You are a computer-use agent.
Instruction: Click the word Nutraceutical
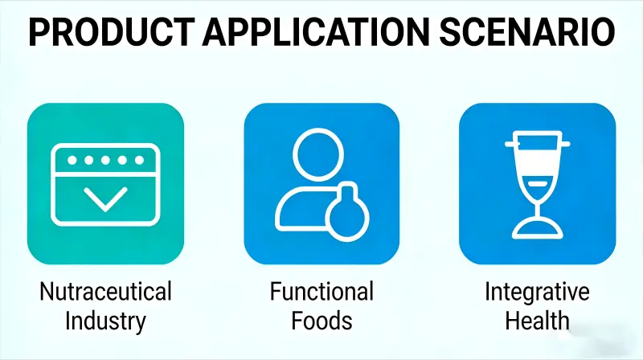pos(105,291)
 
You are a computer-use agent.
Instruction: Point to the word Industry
pos(105,320)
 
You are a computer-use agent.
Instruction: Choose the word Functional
pos(321,291)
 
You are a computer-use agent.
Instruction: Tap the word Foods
pos(321,320)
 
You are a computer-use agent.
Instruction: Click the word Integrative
pos(536,291)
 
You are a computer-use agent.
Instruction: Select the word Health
pos(536,320)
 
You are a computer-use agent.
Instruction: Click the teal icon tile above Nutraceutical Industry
pos(105,183)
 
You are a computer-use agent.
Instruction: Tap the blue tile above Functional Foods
pos(321,183)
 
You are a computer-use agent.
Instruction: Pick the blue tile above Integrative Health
pos(536,183)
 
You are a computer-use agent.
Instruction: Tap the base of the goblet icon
pos(537,230)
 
